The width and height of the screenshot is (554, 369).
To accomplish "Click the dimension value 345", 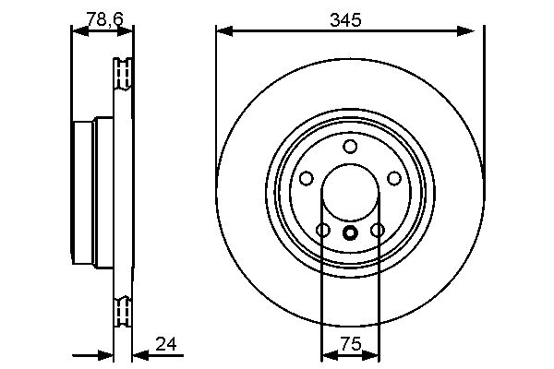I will click(x=348, y=18).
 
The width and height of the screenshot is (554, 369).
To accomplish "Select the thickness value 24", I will click(x=165, y=344).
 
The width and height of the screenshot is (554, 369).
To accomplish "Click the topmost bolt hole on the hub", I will click(x=349, y=147).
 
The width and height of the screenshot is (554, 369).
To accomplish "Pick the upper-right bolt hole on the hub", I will click(x=393, y=178).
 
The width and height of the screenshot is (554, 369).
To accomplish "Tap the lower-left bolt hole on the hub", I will click(x=322, y=230).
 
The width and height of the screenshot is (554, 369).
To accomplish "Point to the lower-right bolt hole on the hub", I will click(x=377, y=230).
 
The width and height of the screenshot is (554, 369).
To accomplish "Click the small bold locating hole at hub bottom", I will click(x=349, y=233).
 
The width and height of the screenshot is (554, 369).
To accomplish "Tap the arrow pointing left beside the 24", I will click(x=138, y=353).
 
